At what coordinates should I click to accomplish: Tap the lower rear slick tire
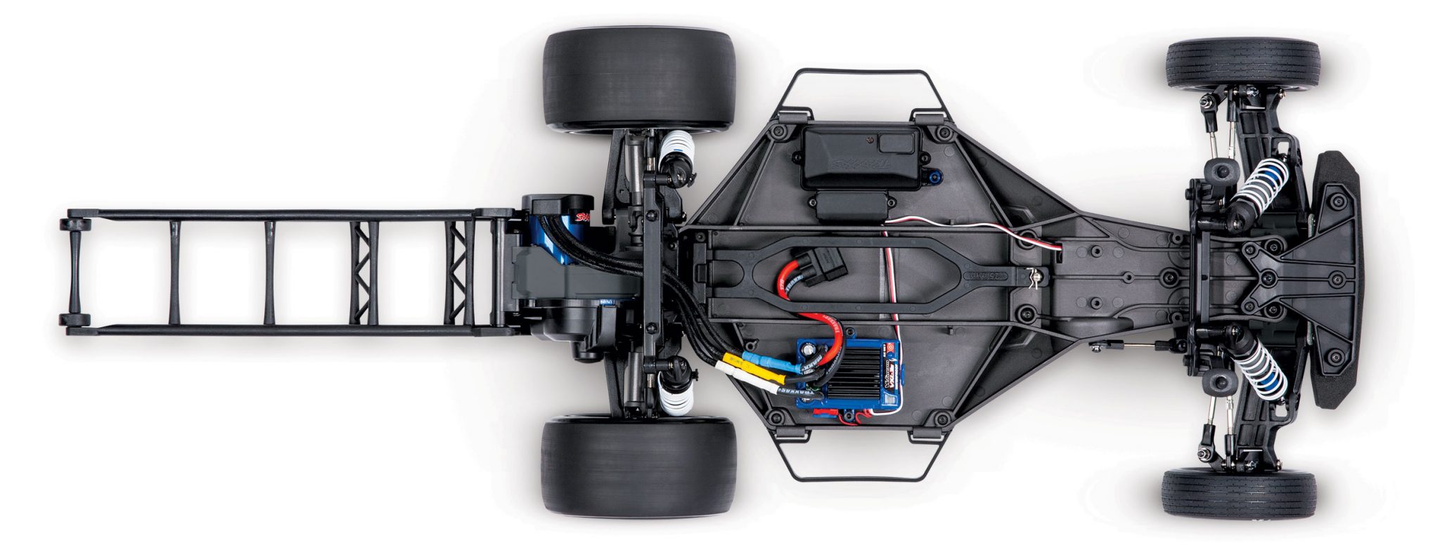(x=638, y=465)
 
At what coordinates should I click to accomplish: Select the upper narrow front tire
(x=1242, y=63)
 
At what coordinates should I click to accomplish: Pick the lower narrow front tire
(x=1239, y=494)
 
